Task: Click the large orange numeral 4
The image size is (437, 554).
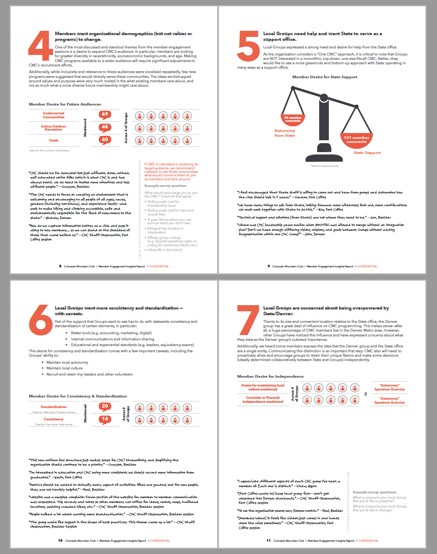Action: (x=40, y=46)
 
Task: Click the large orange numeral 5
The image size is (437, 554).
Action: (x=248, y=46)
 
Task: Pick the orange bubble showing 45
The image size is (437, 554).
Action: (x=105, y=128)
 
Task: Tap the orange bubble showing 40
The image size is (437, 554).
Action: (x=105, y=140)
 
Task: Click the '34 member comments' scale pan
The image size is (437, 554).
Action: (x=293, y=119)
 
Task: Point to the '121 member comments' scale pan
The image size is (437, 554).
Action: (x=356, y=139)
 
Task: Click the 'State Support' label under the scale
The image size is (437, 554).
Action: (x=367, y=153)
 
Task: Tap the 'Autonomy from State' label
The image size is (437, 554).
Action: (x=284, y=133)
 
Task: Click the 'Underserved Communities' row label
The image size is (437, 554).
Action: (x=54, y=115)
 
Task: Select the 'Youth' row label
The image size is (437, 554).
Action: (x=54, y=140)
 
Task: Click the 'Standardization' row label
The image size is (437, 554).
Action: (x=54, y=407)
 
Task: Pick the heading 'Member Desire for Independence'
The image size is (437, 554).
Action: (x=270, y=376)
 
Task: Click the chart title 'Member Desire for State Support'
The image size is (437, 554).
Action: (x=325, y=77)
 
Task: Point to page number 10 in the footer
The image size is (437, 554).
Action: (x=60, y=540)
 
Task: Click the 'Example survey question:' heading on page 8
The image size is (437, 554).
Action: (x=165, y=186)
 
